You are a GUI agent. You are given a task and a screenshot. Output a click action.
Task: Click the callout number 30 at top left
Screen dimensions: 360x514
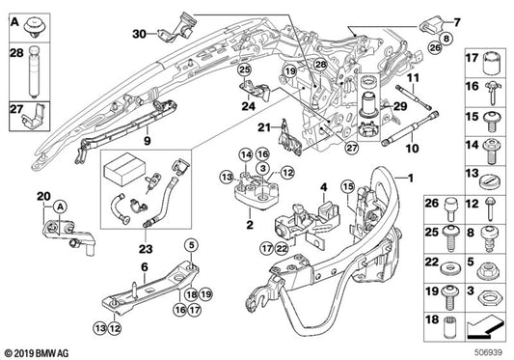click(140, 34)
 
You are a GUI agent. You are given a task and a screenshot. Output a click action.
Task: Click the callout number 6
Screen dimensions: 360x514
click(143, 267)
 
